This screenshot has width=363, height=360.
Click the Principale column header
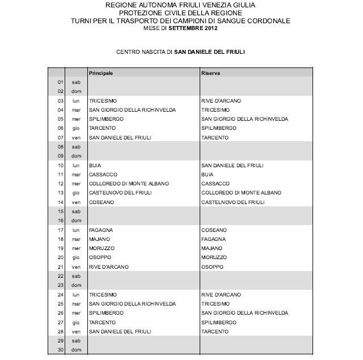101,73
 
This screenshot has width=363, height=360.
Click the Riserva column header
210,73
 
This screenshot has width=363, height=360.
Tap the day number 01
60,82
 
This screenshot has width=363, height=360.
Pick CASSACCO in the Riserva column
215,184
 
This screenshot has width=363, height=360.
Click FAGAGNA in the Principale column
100,230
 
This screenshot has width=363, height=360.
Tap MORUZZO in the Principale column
102,248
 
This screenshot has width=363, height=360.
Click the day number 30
60,350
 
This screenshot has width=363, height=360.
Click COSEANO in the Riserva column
214,230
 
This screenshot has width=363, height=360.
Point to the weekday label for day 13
76,193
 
